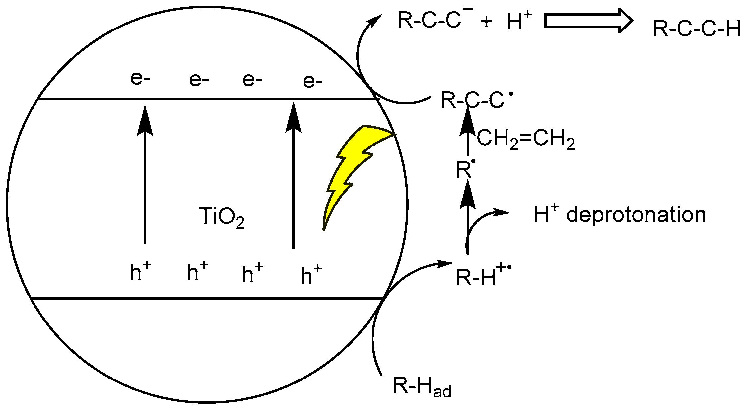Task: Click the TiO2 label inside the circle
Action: point(221,217)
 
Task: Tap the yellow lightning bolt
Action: point(352,166)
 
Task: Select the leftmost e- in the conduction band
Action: point(140,79)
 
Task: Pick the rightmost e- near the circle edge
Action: point(312,81)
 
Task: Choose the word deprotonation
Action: point(636,215)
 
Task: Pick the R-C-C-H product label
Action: point(697,29)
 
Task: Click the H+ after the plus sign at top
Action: point(518,21)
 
